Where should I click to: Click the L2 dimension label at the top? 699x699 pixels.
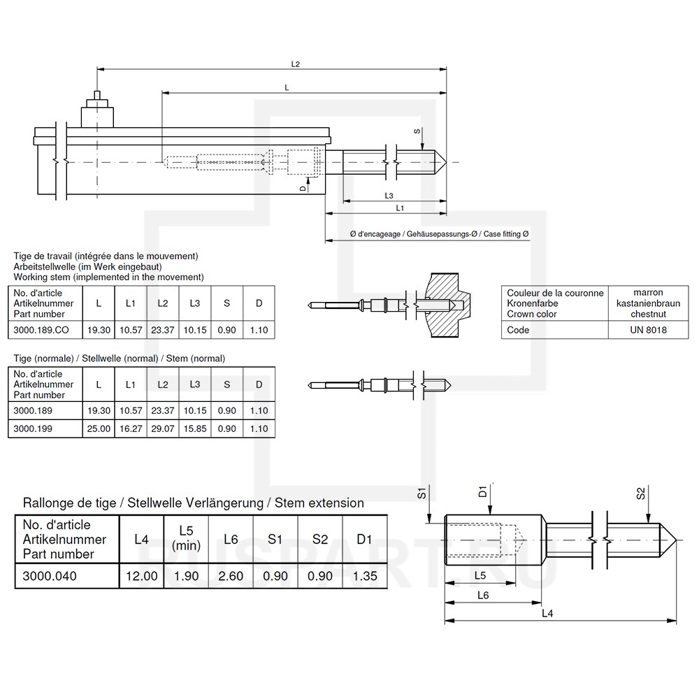(x=295, y=64)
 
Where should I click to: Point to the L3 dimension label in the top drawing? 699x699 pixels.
(x=389, y=196)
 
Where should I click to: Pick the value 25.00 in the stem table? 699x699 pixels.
(x=99, y=428)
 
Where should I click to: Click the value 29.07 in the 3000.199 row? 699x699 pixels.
(x=162, y=428)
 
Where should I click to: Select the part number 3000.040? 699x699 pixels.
(x=50, y=577)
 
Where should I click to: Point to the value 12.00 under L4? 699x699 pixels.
(x=141, y=577)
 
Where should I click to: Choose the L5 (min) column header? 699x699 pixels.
(x=186, y=539)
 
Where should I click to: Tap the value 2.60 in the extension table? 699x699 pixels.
(x=231, y=577)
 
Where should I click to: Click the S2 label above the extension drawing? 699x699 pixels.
(x=640, y=493)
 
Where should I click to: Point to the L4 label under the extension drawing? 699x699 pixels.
(x=548, y=613)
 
